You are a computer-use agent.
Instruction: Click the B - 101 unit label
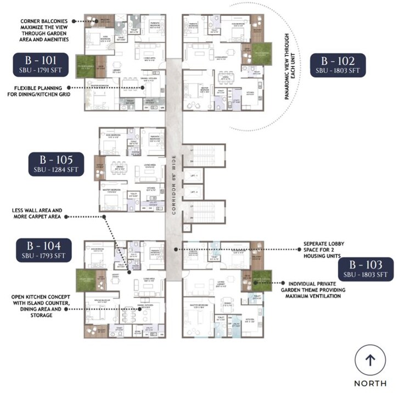pos(42,65)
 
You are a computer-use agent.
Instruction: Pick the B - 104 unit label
pos(42,250)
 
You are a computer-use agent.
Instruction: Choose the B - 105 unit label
pos(57,164)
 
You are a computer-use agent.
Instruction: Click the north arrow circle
pos(369,360)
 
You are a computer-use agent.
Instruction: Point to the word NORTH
pos(369,383)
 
